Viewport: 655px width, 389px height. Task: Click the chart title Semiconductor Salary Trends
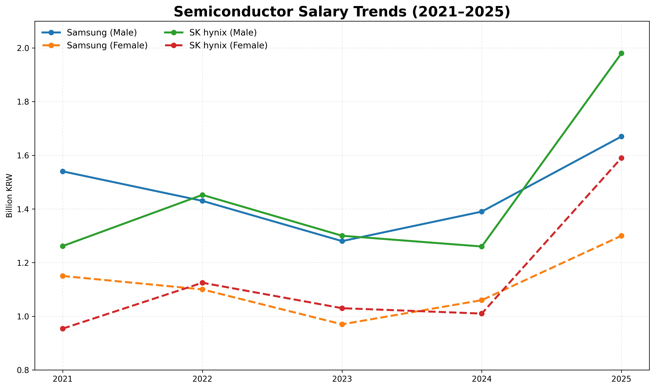tap(342, 12)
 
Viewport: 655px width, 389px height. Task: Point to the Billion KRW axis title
tap(9, 196)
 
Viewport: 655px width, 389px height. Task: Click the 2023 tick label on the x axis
tap(342, 379)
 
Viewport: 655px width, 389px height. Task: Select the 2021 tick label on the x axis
tap(63, 379)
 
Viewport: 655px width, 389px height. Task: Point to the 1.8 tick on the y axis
tap(23, 102)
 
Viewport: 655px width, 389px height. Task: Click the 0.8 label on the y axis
tap(23, 370)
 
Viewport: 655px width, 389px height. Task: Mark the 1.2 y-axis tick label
tap(23, 263)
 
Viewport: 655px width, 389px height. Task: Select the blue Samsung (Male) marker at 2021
tap(63, 171)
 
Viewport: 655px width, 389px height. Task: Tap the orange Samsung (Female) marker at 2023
tap(342, 324)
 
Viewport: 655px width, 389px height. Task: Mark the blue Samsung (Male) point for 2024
tap(482, 212)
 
